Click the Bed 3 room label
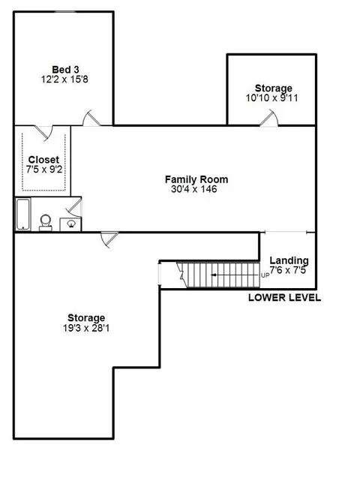point(65,70)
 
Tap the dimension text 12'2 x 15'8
point(64,80)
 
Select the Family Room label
point(196,179)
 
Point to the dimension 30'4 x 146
point(194,189)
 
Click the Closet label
point(43,160)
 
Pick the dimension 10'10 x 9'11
point(271,98)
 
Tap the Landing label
point(289,260)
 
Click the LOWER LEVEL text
point(284,298)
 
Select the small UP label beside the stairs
point(265,275)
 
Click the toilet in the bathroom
point(46,223)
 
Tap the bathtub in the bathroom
point(23,214)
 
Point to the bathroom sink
point(70,224)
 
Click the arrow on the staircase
point(235,275)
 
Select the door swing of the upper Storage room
point(269,119)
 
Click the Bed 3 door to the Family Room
point(91,118)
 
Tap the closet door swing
point(43,133)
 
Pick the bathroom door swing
point(74,207)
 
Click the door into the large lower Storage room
point(109,239)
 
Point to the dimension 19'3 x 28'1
point(86,328)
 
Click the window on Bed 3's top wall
point(65,12)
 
